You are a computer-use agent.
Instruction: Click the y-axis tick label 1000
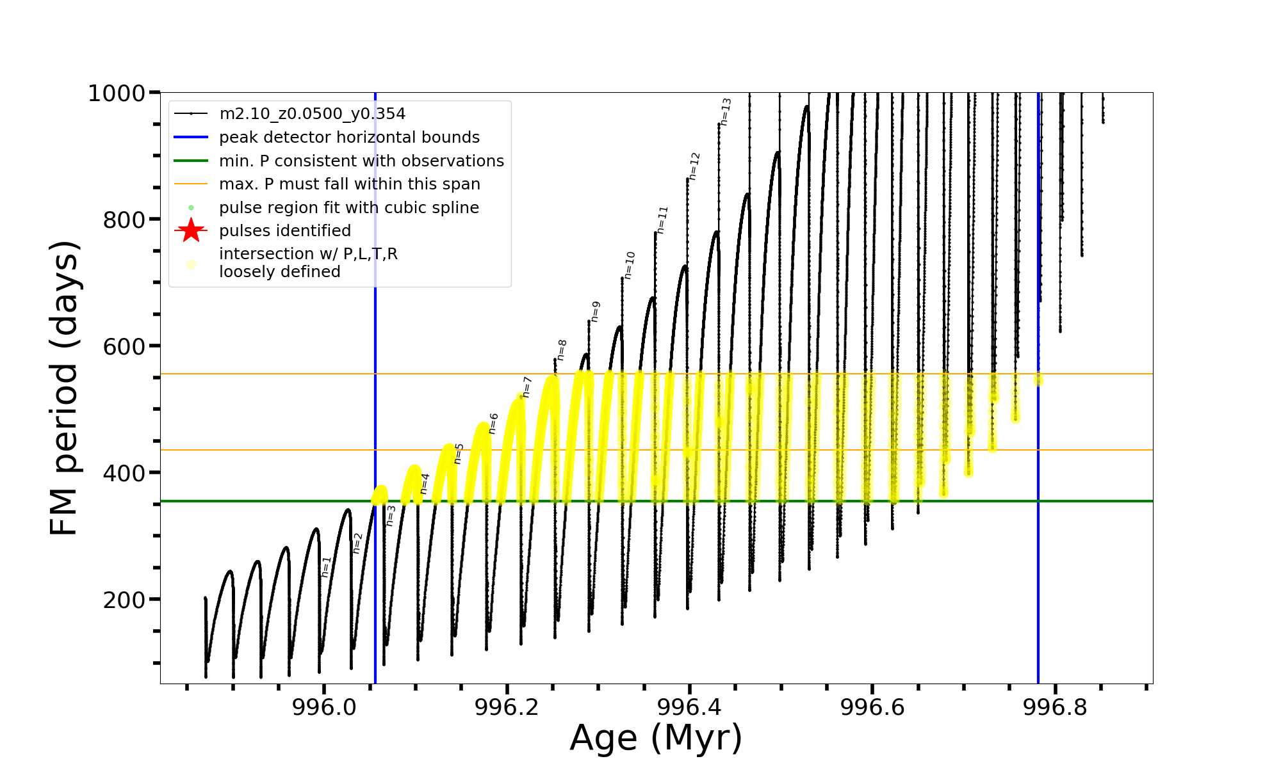tap(117, 93)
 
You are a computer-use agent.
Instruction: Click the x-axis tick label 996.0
tap(324, 707)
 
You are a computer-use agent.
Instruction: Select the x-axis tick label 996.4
tap(689, 707)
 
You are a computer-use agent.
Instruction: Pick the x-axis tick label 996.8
tap(1055, 707)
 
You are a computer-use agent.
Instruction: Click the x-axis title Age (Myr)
tap(656, 738)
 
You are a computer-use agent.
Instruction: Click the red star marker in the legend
tap(191, 230)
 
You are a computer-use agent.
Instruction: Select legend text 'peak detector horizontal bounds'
tap(349, 138)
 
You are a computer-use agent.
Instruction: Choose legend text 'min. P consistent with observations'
tap(361, 161)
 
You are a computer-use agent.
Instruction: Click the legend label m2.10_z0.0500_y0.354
tap(312, 114)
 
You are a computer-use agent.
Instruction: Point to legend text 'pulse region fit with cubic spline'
tap(349, 208)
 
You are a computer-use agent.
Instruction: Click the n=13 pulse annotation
tap(725, 111)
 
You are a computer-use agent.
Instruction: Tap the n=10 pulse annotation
tap(630, 265)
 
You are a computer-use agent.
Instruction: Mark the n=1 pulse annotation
tap(326, 567)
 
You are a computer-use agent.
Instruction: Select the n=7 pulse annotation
tap(526, 387)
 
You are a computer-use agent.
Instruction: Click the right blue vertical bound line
tap(1038, 576)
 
